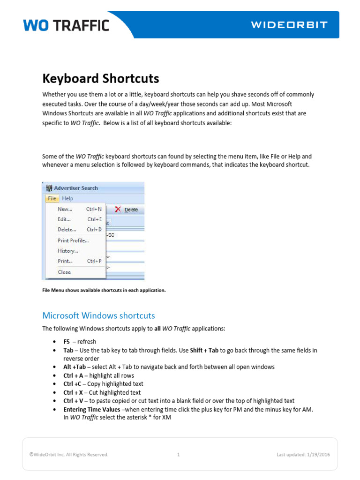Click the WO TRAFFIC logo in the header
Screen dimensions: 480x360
click(66, 25)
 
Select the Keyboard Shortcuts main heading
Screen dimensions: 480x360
click(101, 78)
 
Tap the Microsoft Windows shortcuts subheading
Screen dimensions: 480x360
click(98, 315)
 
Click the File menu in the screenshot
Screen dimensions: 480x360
click(52, 198)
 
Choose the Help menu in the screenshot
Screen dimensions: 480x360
click(67, 198)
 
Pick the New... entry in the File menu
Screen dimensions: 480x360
click(65, 209)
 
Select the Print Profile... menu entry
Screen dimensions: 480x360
click(73, 240)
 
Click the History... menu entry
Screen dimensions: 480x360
click(68, 251)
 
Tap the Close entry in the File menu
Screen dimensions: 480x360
click(64, 272)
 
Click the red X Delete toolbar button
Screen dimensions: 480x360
click(127, 210)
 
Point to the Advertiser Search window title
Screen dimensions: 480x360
click(75, 188)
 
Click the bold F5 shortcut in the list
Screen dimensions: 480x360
click(67, 342)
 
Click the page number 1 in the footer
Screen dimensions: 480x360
click(179, 454)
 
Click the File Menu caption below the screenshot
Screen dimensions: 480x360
click(104, 290)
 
